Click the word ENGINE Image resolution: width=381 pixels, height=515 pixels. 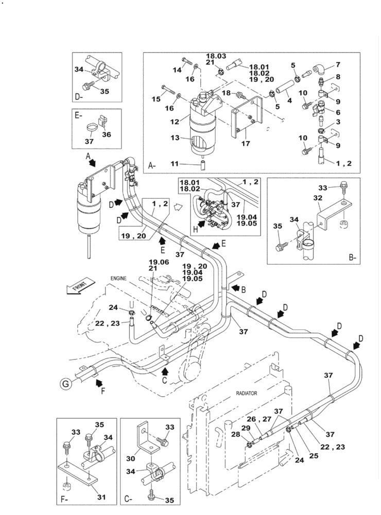pos(118,279)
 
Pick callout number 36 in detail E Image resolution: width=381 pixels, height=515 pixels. pos(107,135)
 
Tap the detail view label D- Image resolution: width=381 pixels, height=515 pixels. pos(80,96)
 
